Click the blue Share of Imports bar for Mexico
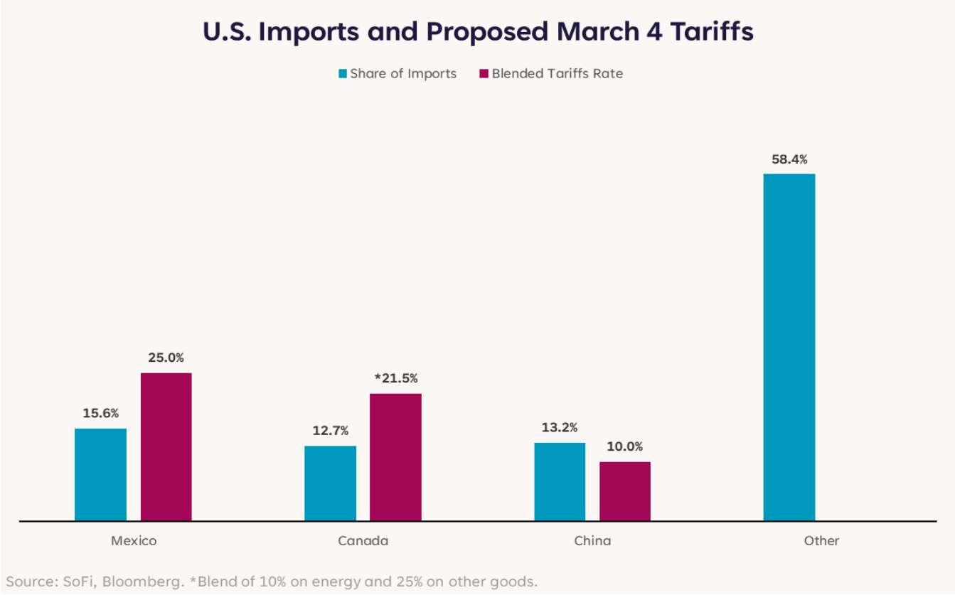pyautogui.click(x=100, y=474)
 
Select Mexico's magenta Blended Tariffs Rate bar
pyautogui.click(x=166, y=446)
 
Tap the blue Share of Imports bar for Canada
pyautogui.click(x=330, y=483)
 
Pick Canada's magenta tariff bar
pyautogui.click(x=395, y=457)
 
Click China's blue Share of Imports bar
pyautogui.click(x=560, y=481)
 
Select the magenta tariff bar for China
pyautogui.click(x=624, y=491)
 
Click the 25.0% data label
pyautogui.click(x=166, y=358)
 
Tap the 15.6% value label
pyautogui.click(x=100, y=413)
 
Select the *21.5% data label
pyautogui.click(x=395, y=378)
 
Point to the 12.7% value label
pyautogui.click(x=330, y=431)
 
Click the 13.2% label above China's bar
pyautogui.click(x=560, y=427)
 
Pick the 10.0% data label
pyautogui.click(x=624, y=446)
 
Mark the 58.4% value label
pyautogui.click(x=789, y=159)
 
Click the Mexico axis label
pyautogui.click(x=134, y=541)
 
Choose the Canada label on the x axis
pyautogui.click(x=363, y=541)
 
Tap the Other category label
pyautogui.click(x=822, y=541)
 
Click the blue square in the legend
pyautogui.click(x=343, y=74)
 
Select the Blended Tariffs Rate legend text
pyautogui.click(x=557, y=74)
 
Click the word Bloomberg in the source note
pyautogui.click(x=142, y=581)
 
